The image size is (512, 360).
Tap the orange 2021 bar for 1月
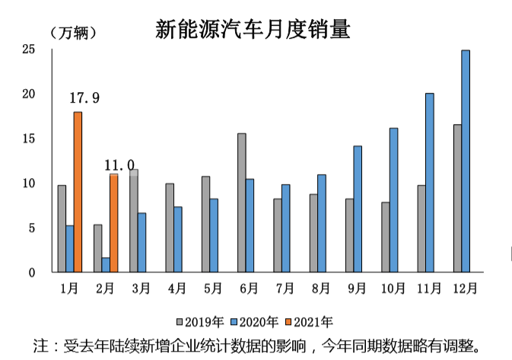click(78, 192)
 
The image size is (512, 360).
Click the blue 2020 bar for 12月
click(465, 161)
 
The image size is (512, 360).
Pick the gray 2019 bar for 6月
click(241, 202)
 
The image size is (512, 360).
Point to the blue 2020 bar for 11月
click(429, 183)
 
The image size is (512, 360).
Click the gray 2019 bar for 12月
click(457, 198)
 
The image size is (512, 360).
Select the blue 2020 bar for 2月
click(106, 265)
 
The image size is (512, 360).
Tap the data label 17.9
click(84, 98)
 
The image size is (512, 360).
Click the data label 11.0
click(119, 165)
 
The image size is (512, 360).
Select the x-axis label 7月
click(285, 288)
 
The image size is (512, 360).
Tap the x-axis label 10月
click(393, 288)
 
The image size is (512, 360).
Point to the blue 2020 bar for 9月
click(357, 209)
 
